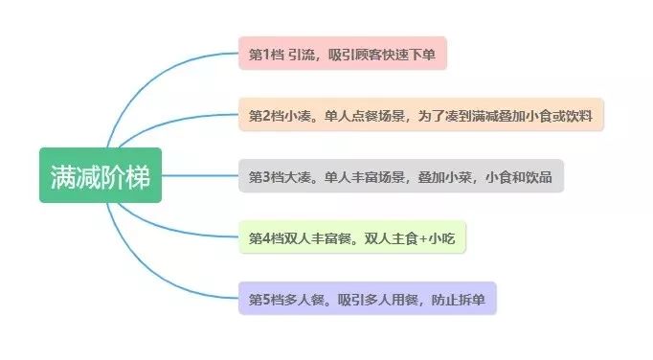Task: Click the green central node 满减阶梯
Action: pos(101,176)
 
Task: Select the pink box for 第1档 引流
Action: pos(342,53)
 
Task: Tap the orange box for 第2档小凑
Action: pos(420,115)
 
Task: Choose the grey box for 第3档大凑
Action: pos(400,176)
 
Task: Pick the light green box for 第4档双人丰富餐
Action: pos(351,236)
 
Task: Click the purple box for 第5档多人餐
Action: pos(367,299)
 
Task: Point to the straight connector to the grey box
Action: pos(201,176)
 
